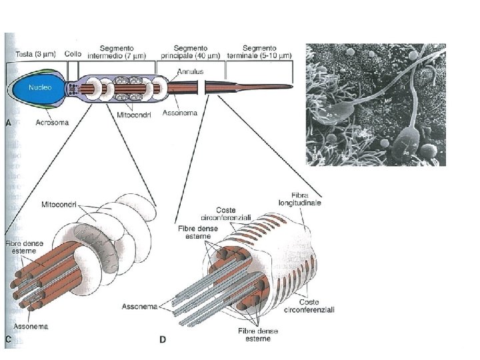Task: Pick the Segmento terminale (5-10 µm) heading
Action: [x=259, y=52]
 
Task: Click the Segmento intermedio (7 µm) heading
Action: [x=117, y=52]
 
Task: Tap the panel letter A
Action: [x=8, y=122]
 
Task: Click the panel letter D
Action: [x=163, y=339]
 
